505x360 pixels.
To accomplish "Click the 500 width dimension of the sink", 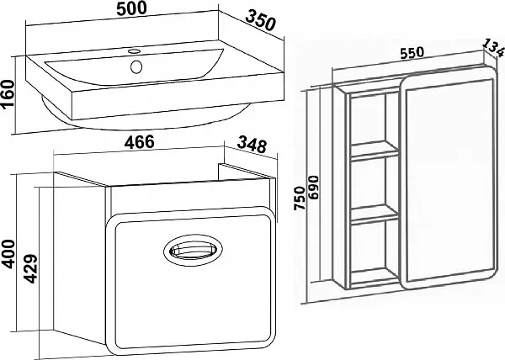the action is tap(131, 8).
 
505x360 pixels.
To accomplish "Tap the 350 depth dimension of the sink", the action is tap(261, 20).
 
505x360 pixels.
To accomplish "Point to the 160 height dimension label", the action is tap(8, 94).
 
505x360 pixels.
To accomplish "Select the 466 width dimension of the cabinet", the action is tap(140, 142).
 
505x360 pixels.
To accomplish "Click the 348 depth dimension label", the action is tap(252, 146).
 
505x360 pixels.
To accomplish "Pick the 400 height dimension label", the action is tap(8, 254).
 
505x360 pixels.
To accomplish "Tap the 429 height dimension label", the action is tap(30, 269).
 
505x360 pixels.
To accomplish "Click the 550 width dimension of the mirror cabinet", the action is tap(412, 53).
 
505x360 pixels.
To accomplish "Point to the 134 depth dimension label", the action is tap(492, 48).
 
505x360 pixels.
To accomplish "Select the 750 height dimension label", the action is tap(300, 199).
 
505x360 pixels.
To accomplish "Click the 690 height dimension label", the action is tap(313, 188).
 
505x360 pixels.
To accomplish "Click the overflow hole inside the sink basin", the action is tap(136, 66).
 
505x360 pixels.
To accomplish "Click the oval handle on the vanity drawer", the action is tap(193, 251).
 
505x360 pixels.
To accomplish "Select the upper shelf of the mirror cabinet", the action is tap(375, 151).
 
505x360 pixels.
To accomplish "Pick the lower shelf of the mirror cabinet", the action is tap(375, 214).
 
